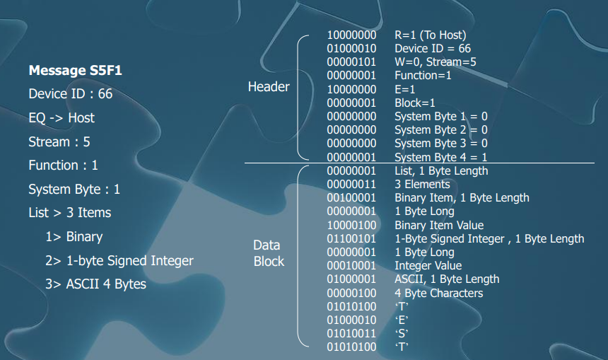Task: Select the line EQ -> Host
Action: (x=62, y=117)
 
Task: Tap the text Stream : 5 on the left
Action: (x=59, y=141)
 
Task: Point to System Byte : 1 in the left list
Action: (x=74, y=189)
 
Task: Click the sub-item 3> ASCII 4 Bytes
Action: (x=95, y=284)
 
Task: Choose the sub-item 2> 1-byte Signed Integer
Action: (x=119, y=260)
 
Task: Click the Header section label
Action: (x=269, y=87)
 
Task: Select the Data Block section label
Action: (x=269, y=253)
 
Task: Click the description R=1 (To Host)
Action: (x=430, y=35)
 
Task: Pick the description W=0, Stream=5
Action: (x=435, y=62)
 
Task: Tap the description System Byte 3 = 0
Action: (x=440, y=144)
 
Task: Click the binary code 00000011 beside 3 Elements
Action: (x=351, y=184)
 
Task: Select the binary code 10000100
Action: (x=351, y=225)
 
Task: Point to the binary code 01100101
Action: (x=351, y=238)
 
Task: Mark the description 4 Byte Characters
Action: (x=438, y=293)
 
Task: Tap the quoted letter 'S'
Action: (x=402, y=333)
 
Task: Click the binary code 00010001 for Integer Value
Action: (x=351, y=266)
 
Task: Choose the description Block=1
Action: (x=415, y=103)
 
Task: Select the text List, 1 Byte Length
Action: (x=441, y=170)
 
